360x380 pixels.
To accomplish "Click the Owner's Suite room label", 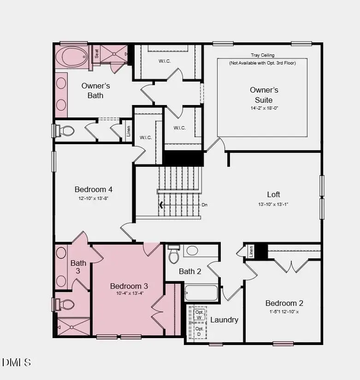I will [264, 95].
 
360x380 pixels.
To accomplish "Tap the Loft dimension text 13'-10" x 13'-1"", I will [273, 204].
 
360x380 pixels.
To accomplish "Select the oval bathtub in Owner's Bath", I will [71, 57].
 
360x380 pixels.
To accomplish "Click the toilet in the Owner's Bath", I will [66, 131].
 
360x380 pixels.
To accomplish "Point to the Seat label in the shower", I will [97, 53].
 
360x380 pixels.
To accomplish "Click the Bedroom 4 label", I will [94, 189].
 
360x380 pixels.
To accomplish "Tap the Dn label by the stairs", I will [204, 205].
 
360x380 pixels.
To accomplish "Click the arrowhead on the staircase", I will [161, 205].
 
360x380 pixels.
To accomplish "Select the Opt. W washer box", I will [199, 315].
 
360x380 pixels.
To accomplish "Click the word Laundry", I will [224, 320].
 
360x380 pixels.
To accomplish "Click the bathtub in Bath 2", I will [201, 293].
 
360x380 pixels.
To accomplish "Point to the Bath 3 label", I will [78, 267].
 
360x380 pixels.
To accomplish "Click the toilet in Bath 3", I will [66, 305].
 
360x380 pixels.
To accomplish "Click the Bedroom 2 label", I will [284, 303].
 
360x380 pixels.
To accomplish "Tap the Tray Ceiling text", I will [262, 55].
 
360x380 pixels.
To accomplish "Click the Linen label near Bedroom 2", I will [251, 251].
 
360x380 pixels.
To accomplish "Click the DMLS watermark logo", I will [17, 362].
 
